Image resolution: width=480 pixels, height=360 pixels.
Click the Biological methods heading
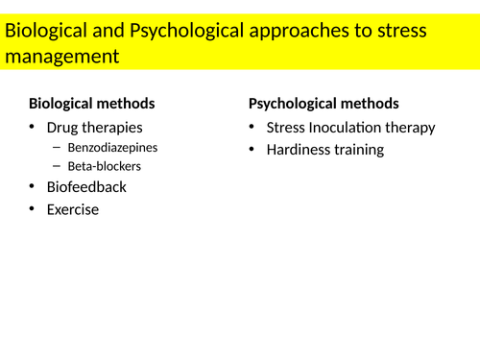[x=92, y=104]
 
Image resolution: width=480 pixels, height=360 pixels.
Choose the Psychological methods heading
[x=324, y=104]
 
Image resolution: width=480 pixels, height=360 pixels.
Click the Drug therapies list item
[x=94, y=128]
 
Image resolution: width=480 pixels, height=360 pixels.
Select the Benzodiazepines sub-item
[x=111, y=148]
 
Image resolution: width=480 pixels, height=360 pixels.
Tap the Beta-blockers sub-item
[x=104, y=166]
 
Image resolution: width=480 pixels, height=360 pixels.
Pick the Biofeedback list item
[x=86, y=186]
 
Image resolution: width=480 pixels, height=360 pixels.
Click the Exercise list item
[x=73, y=209]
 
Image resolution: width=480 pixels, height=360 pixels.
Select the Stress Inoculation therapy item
[x=350, y=128]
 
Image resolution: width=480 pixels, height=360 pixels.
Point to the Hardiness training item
[x=324, y=150]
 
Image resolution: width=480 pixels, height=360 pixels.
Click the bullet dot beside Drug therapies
[x=32, y=127]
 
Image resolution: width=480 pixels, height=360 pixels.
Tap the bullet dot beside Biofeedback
[x=32, y=185]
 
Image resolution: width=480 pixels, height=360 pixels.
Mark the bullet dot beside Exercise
[x=32, y=208]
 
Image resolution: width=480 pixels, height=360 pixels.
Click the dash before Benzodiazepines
[x=57, y=147]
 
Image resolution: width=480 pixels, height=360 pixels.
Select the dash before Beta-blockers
[x=57, y=165]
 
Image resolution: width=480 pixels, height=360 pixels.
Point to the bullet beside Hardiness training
[x=252, y=149]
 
